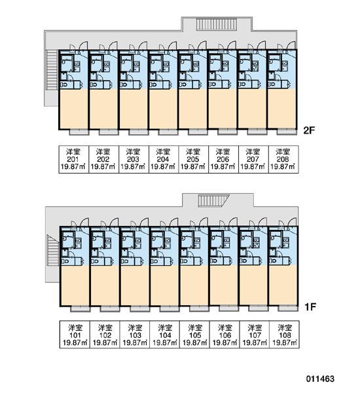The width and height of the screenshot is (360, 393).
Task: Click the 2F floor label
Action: [x=309, y=130]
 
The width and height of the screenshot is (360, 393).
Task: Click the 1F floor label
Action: [x=310, y=307]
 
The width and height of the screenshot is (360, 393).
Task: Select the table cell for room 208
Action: [x=283, y=159]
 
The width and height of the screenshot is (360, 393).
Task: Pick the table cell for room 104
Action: [x=164, y=334]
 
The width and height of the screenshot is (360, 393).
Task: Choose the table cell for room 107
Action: [x=255, y=334]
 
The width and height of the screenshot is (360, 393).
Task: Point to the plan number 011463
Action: [x=320, y=379]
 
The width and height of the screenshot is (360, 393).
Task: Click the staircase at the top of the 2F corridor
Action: [x=217, y=24]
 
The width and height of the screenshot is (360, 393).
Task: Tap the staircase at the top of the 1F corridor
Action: [x=214, y=201]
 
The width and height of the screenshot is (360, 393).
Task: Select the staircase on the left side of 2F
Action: [x=52, y=70]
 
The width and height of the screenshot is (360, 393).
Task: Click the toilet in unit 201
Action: [x=64, y=84]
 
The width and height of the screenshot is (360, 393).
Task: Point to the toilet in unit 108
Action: [x=274, y=261]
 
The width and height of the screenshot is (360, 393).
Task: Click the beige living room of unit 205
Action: [x=193, y=109]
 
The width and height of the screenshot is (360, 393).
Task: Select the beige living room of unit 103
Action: [x=135, y=285]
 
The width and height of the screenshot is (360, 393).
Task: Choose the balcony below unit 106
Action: [x=228, y=309]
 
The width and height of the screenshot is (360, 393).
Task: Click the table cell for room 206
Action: [x=223, y=159]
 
